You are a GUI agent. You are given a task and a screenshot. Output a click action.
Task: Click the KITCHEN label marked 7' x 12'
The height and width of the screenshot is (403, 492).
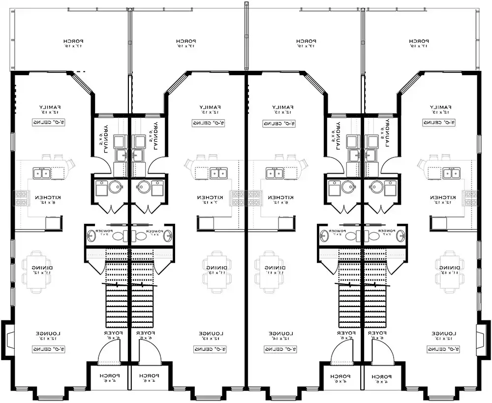[x=210, y=199]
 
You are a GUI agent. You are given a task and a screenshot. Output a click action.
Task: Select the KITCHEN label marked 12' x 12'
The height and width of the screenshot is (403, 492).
[x=443, y=199]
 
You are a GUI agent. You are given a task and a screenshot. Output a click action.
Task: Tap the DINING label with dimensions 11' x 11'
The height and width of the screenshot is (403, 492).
[x=268, y=269]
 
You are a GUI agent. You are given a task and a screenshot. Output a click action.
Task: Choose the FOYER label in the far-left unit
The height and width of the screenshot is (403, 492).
[x=112, y=336]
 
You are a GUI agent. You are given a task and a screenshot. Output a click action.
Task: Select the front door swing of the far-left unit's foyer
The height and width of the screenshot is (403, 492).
[x=109, y=352]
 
